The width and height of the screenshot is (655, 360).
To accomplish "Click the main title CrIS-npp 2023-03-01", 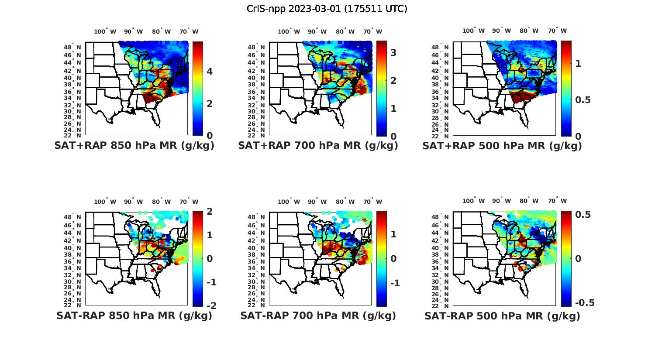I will point(327,9).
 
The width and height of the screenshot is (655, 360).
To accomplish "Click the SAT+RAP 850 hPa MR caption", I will point(134,146).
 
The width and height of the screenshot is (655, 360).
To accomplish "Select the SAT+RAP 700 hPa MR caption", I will point(318,146).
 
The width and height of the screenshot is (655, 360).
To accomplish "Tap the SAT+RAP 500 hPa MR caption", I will point(502,146).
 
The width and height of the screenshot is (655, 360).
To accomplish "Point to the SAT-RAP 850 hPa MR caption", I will point(134,315).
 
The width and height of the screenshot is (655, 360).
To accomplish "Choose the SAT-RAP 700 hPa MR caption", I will point(318,315).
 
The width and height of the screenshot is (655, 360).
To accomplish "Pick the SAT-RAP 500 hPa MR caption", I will point(502,315).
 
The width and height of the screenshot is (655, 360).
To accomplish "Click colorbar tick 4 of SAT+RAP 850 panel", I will point(210,71).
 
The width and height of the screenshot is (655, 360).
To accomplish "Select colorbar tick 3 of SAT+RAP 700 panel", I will point(393,53).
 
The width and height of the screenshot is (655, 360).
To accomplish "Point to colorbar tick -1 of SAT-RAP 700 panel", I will point(395,283).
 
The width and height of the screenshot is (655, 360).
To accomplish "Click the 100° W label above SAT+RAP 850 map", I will point(105,31).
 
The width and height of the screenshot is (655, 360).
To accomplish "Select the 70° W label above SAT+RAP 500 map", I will point(557,31).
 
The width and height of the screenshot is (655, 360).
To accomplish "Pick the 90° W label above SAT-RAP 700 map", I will point(317,202).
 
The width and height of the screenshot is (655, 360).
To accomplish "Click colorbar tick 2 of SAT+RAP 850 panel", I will point(210,103).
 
